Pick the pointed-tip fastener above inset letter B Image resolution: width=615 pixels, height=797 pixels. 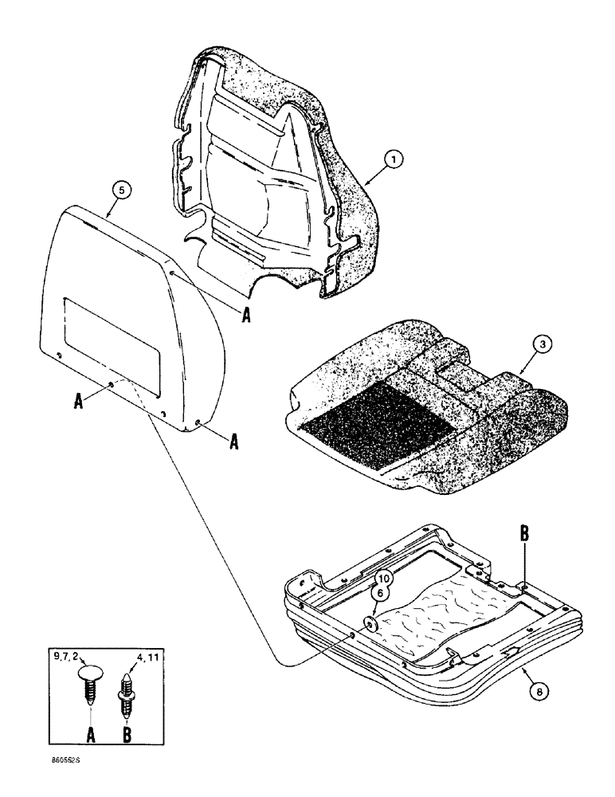coord(127,686)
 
